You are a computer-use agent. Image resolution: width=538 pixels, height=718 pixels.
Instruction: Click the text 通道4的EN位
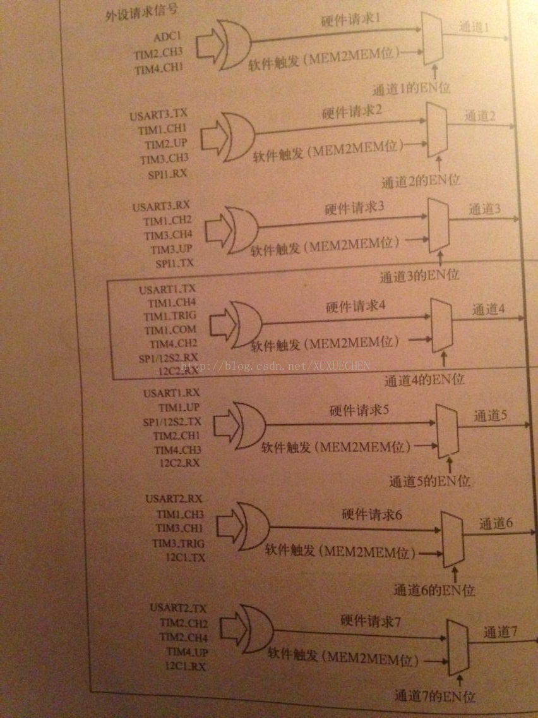click(x=424, y=380)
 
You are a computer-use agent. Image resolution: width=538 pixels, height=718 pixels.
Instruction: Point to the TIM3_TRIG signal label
click(x=178, y=543)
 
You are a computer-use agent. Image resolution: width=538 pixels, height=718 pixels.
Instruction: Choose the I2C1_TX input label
click(x=185, y=557)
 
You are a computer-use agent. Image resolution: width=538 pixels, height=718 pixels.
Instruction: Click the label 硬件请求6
click(x=373, y=514)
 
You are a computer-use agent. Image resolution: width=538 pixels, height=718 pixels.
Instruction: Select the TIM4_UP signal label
click(x=187, y=651)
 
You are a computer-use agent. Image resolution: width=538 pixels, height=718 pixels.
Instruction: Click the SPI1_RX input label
click(x=172, y=173)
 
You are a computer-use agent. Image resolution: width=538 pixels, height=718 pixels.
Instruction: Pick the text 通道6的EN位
click(x=433, y=590)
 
